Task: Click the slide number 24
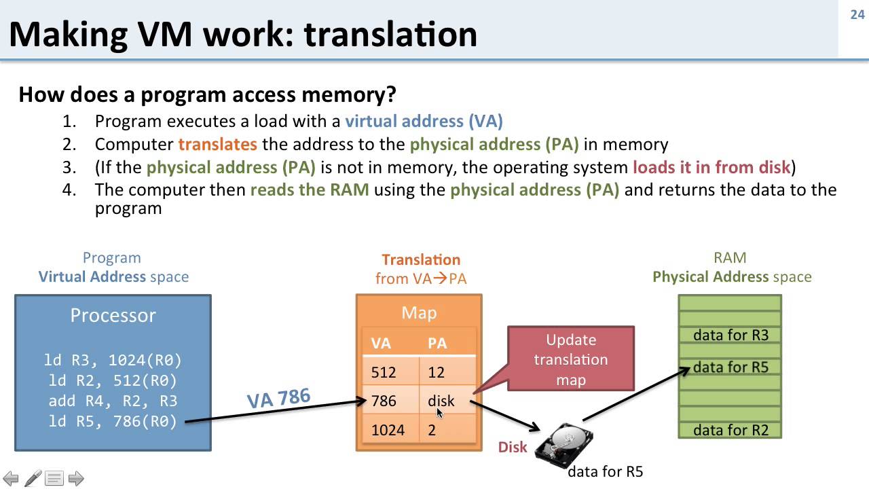(857, 14)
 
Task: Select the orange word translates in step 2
(217, 144)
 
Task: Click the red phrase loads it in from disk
(711, 167)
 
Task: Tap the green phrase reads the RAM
(310, 189)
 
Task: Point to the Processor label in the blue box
(113, 315)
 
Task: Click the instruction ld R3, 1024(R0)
(113, 360)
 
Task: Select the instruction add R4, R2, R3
(113, 401)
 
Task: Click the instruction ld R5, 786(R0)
(113, 421)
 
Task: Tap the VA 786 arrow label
(278, 398)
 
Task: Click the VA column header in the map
(381, 343)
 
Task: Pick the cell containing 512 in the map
(384, 372)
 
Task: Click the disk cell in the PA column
(441, 401)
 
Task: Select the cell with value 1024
(388, 430)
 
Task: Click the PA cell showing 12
(436, 372)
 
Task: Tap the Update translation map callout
(571, 359)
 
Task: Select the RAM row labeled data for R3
(731, 335)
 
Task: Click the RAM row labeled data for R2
(731, 430)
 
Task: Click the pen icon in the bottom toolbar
(33, 478)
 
